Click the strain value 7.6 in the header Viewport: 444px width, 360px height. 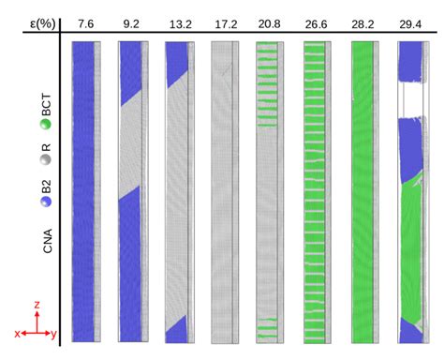(x=86, y=21)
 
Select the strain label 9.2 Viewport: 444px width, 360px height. (x=131, y=21)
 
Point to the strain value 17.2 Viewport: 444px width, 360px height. (x=223, y=21)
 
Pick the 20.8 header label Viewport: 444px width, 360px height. (x=269, y=21)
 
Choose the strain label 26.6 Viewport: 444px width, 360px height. (x=315, y=21)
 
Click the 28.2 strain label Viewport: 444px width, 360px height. (x=362, y=21)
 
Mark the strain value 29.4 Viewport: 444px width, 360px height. (x=408, y=21)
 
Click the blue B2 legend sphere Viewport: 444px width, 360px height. (x=44, y=201)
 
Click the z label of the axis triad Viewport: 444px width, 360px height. (x=35, y=305)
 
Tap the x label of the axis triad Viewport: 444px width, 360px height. (x=17, y=333)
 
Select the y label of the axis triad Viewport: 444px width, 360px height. (x=54, y=333)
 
